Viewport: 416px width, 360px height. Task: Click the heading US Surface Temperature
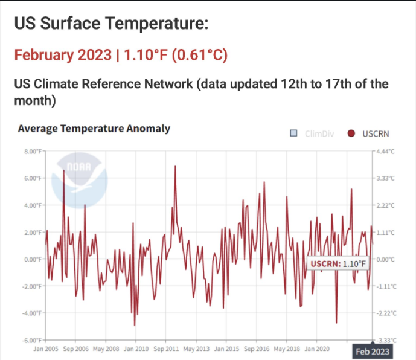click(x=111, y=24)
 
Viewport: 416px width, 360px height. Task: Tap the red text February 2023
click(x=63, y=55)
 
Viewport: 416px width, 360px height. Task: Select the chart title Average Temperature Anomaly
click(x=94, y=129)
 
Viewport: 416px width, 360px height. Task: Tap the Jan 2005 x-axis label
click(x=46, y=349)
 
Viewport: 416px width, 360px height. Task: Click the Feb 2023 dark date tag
click(x=372, y=352)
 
